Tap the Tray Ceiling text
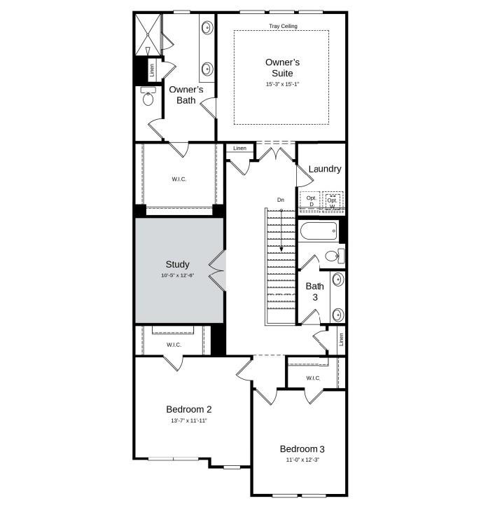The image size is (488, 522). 283,27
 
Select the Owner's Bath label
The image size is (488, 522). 186,95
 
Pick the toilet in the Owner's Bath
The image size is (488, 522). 148,97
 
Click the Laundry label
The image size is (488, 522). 324,169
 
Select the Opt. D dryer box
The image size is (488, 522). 312,201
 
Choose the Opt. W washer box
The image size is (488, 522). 333,201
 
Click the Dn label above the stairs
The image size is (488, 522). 281,200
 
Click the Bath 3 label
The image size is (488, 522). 314,291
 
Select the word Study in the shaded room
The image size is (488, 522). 177,264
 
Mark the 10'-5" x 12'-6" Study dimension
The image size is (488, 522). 177,275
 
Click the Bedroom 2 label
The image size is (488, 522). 188,409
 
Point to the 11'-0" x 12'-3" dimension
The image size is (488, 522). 302,460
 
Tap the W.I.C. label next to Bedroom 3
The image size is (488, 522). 313,378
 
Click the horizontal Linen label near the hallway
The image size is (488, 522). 239,149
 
